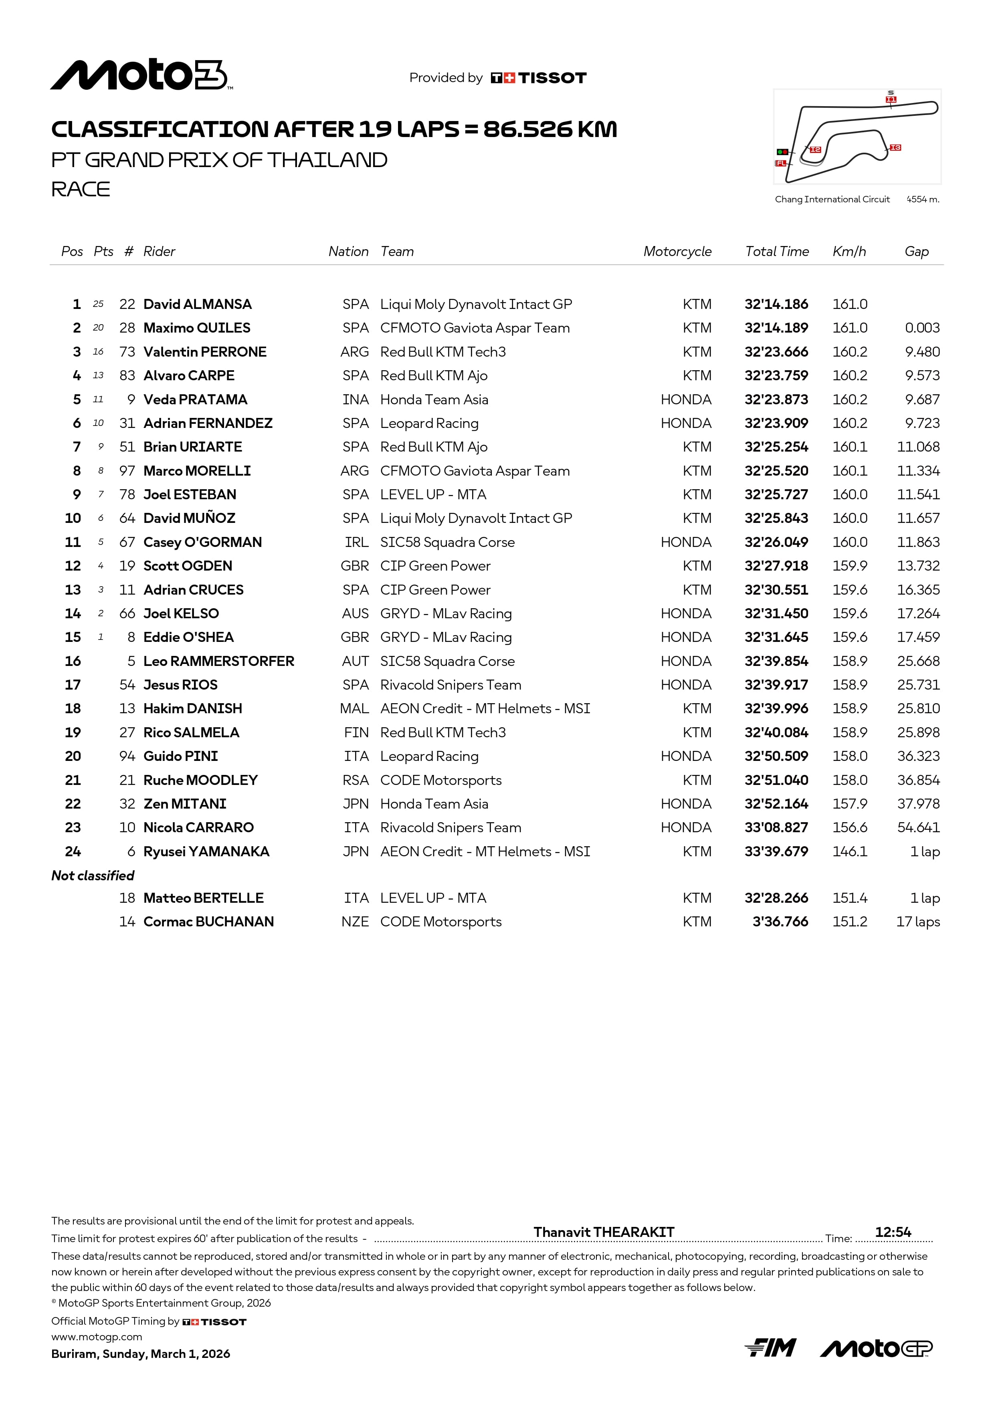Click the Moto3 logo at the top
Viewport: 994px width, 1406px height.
tap(140, 75)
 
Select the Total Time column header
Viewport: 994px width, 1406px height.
tap(777, 251)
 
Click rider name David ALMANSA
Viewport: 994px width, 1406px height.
tap(197, 305)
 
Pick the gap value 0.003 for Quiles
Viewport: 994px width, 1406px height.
tap(922, 328)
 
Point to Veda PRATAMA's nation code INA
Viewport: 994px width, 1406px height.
tap(355, 400)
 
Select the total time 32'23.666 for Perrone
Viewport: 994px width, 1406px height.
tap(776, 352)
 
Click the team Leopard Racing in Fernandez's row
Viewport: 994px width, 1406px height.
tap(429, 423)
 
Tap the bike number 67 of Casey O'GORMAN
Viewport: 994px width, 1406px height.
tap(127, 543)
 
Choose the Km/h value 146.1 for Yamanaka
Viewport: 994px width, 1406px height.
tap(849, 852)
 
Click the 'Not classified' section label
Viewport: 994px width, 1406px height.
tap(93, 875)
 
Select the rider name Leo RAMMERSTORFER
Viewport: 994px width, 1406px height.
tap(219, 662)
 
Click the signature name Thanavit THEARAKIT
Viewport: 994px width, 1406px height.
tap(604, 1232)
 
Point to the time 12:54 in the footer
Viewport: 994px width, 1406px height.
tap(893, 1232)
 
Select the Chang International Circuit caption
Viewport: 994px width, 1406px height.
tap(832, 199)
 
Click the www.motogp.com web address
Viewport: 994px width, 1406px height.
tap(97, 1337)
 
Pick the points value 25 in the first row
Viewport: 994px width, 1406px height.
tap(98, 305)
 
